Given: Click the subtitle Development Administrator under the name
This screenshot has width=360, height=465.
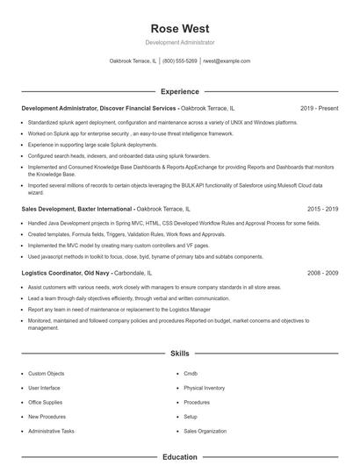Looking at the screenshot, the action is click(179, 42).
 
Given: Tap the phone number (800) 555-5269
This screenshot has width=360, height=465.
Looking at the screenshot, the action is click(179, 61).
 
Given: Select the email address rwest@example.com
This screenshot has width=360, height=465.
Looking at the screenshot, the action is click(227, 61).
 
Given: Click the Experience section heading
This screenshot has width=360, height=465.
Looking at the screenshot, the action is click(179, 91).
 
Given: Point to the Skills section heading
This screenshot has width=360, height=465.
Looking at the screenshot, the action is click(179, 354).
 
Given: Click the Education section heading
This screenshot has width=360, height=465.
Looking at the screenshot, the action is click(179, 457).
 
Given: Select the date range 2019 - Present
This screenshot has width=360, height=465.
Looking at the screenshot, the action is click(319, 108).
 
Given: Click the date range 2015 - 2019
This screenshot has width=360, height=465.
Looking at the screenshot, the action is click(322, 210).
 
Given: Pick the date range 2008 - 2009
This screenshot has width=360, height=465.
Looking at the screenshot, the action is click(322, 273).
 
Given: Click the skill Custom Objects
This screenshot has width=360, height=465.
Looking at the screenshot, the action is click(47, 374).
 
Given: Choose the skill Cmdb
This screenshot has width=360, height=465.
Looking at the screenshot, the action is click(191, 374).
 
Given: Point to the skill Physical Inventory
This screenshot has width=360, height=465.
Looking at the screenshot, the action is click(204, 388).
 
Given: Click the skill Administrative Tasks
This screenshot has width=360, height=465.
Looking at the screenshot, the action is click(51, 432).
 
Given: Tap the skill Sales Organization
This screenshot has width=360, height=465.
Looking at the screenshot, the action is click(204, 432).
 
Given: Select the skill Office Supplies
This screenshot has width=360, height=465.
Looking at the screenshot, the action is click(46, 403).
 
